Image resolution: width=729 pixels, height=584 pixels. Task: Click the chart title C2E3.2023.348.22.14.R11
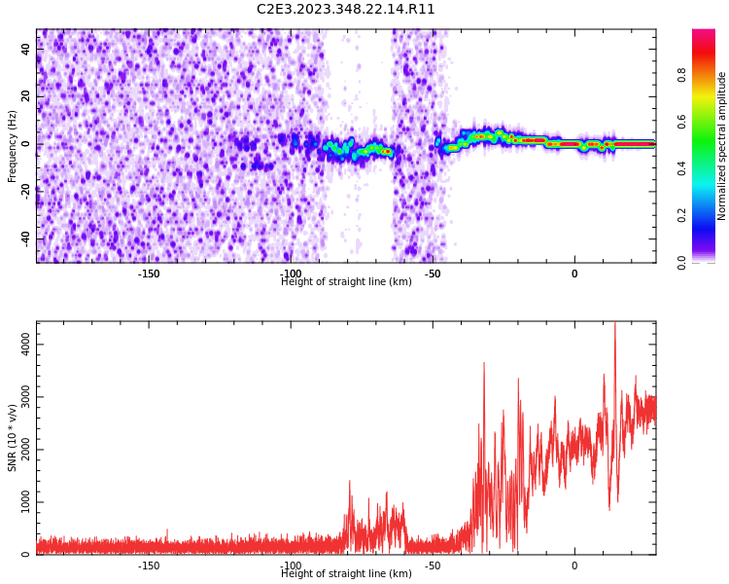(x=346, y=10)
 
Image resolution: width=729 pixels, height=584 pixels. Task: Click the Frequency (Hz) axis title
(x=13, y=146)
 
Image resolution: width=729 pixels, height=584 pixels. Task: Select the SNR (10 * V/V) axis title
(x=13, y=439)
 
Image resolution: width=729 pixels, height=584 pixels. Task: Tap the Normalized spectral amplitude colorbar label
(x=722, y=146)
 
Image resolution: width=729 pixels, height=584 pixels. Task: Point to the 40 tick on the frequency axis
(x=25, y=50)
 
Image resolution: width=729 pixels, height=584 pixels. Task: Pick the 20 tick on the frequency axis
(x=25, y=97)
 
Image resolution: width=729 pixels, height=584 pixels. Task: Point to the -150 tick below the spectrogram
(x=149, y=274)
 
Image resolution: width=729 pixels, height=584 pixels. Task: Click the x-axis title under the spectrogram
(x=346, y=282)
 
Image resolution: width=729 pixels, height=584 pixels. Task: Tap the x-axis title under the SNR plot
(x=346, y=574)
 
